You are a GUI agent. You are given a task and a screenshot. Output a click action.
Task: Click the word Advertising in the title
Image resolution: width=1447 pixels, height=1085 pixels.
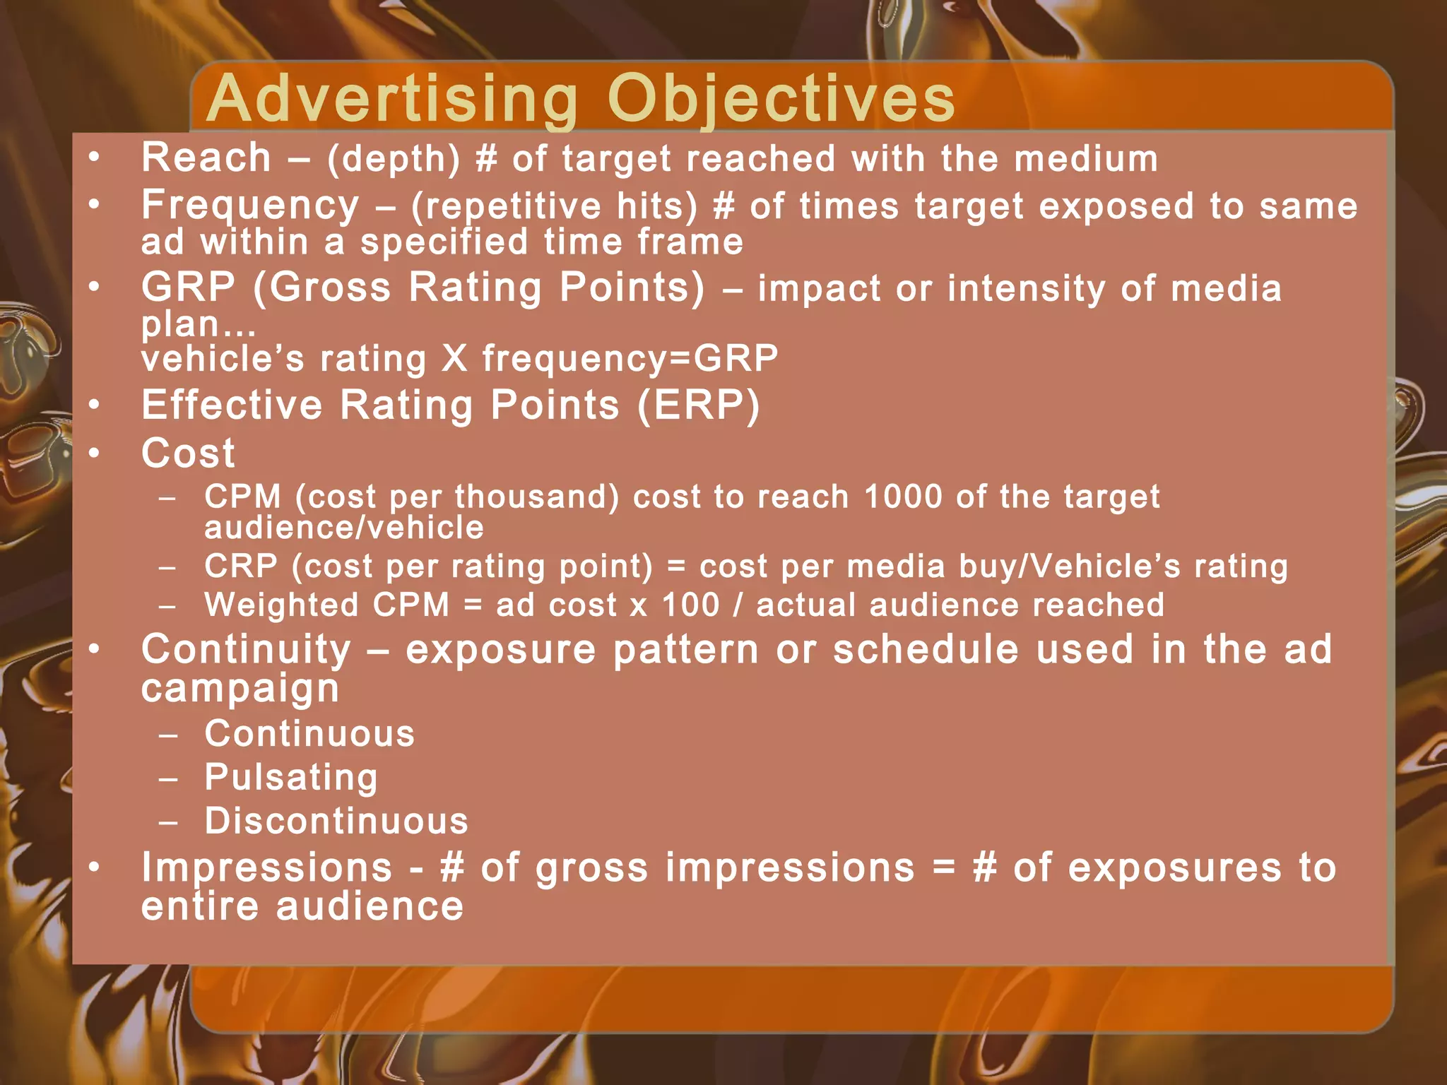(x=392, y=99)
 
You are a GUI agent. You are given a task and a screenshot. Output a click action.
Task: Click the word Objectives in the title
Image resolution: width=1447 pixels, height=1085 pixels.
(x=781, y=99)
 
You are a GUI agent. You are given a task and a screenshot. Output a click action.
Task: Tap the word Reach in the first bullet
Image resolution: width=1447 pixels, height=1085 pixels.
(x=206, y=158)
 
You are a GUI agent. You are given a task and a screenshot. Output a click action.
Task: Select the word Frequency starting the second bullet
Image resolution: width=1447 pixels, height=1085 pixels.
(x=250, y=206)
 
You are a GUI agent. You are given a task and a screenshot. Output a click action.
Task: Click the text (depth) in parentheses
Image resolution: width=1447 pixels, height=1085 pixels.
(x=394, y=159)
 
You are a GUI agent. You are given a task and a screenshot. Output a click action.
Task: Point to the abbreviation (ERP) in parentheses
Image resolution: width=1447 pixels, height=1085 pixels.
(x=698, y=405)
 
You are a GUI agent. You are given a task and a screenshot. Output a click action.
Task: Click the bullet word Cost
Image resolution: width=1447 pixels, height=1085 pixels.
(x=188, y=453)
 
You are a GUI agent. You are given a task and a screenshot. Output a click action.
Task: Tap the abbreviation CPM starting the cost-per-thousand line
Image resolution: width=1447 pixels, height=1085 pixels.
(x=242, y=497)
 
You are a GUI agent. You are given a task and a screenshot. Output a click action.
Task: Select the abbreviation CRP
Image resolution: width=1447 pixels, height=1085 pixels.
(x=241, y=567)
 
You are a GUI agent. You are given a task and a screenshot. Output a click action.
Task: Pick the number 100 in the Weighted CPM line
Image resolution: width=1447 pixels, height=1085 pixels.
(x=690, y=605)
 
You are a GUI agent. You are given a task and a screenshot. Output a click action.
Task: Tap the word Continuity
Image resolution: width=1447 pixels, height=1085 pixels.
(x=246, y=649)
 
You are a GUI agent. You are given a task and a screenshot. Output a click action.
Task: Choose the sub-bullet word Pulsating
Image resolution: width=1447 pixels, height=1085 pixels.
(x=291, y=777)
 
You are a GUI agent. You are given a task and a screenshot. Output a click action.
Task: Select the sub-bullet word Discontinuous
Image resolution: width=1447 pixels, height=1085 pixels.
(x=336, y=821)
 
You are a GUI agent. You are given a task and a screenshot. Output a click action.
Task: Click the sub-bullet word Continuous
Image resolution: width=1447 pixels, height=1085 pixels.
(x=309, y=734)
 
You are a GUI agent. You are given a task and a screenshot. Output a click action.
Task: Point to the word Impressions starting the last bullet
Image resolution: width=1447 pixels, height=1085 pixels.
(x=266, y=867)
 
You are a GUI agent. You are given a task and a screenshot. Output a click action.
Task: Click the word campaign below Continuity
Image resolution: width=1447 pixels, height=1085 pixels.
(x=240, y=688)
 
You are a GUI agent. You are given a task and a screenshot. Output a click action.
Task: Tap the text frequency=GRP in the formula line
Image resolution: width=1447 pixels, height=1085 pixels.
(x=630, y=358)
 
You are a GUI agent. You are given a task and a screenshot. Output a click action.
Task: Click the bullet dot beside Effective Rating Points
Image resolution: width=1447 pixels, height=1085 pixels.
(x=95, y=405)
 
